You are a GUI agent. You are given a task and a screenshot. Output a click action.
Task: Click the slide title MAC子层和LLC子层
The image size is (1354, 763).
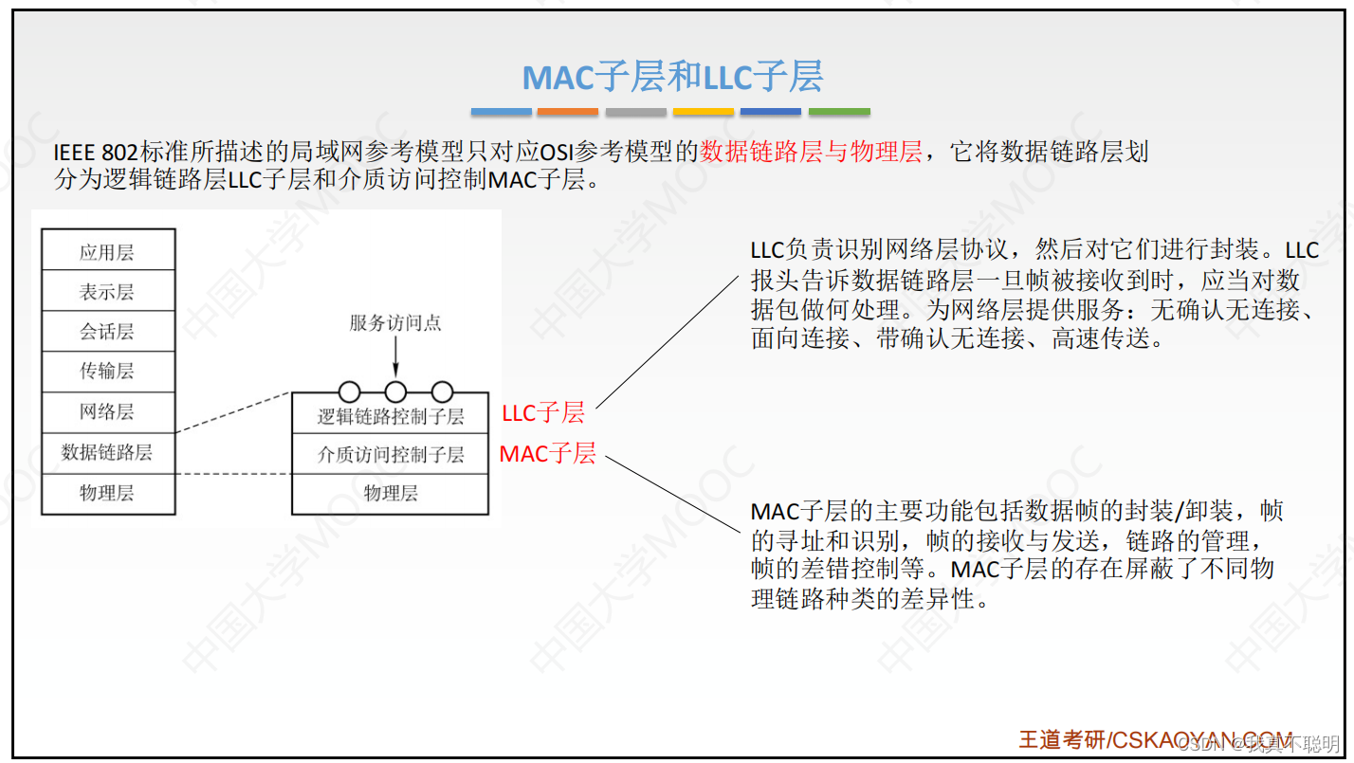[672, 77]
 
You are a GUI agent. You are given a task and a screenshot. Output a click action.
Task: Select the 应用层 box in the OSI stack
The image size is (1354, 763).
[107, 252]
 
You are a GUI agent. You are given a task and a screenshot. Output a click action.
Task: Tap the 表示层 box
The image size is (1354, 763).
[107, 292]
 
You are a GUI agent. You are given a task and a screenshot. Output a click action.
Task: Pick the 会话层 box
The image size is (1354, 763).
[107, 332]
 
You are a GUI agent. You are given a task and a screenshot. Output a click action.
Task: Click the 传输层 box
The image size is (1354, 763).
[107, 372]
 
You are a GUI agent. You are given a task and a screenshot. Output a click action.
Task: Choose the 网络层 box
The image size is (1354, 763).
[107, 411]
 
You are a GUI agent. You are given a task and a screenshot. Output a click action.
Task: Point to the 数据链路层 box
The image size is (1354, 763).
[107, 452]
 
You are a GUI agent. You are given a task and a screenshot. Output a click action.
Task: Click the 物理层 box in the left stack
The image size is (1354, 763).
[107, 493]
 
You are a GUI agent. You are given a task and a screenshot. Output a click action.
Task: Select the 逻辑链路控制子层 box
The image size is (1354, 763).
[391, 416]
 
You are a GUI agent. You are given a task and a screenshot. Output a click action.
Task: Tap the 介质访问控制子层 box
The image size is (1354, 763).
[391, 455]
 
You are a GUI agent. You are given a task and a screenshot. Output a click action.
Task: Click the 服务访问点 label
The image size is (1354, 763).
[395, 323]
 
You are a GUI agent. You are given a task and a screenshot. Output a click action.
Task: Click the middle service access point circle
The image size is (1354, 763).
[395, 391]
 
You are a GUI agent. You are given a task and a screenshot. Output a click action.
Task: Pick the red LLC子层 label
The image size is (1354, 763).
[543, 412]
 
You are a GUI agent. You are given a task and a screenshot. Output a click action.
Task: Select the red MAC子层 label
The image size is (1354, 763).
[548, 454]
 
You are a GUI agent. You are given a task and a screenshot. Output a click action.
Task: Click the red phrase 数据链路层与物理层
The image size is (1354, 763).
[811, 152]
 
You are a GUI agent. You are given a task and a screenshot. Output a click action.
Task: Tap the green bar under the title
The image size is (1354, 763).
[839, 112]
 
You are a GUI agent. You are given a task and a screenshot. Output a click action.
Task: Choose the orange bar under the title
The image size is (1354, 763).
[567, 112]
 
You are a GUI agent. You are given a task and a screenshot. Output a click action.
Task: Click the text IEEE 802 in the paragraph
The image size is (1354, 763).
[95, 153]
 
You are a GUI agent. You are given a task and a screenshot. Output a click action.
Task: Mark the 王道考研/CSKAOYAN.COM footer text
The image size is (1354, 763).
[1155, 740]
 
